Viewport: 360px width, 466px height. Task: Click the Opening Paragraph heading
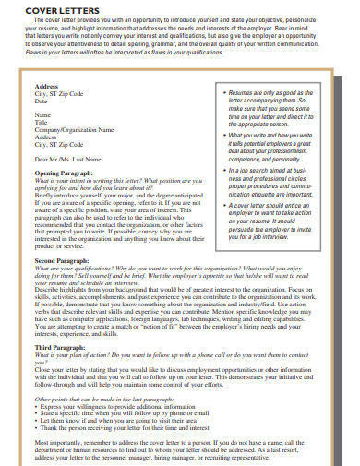(64, 173)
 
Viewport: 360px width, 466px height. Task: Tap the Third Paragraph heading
(60, 347)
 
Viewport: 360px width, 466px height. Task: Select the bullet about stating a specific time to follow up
(130, 412)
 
